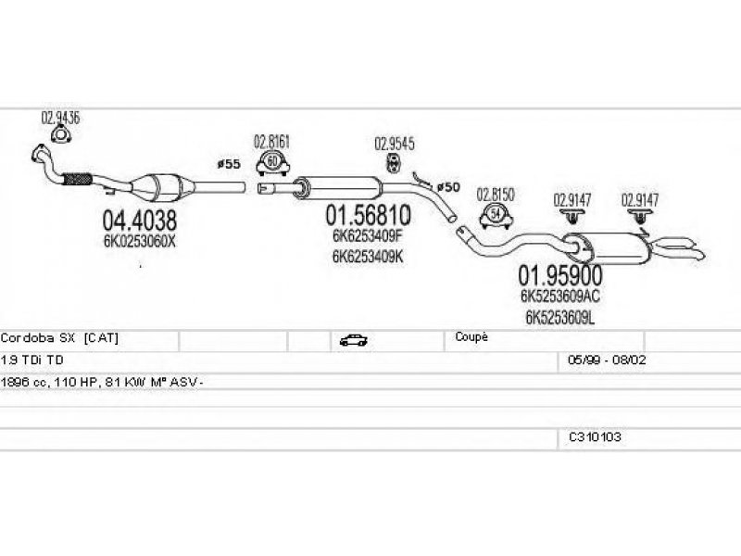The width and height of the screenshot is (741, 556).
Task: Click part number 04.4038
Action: click(140, 221)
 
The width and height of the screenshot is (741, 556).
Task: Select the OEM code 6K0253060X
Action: click(140, 242)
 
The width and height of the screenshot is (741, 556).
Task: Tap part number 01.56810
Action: click(368, 216)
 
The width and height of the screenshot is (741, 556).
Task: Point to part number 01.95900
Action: click(560, 275)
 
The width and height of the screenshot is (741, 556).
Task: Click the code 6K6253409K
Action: click(368, 257)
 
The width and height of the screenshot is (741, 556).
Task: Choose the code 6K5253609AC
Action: click(560, 296)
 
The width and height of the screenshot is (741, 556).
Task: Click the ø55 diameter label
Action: click(229, 164)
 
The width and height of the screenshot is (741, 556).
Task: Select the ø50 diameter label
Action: click(448, 187)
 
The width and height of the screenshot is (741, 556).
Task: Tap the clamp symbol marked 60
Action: click(272, 163)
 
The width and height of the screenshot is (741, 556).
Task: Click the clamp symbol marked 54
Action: click(496, 215)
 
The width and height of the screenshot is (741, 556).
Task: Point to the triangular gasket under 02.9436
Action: click(60, 134)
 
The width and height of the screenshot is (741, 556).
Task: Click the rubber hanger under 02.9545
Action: click(393, 163)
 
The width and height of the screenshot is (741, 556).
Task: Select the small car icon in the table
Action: click(354, 340)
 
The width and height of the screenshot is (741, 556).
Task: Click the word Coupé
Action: click(471, 337)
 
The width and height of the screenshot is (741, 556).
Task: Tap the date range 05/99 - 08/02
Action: click(607, 360)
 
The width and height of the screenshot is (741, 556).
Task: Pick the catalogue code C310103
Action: click(595, 436)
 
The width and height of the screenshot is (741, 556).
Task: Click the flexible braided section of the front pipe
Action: click(77, 178)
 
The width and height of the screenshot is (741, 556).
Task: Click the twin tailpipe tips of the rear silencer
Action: click(677, 248)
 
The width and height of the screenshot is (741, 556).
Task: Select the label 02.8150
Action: click(496, 195)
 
